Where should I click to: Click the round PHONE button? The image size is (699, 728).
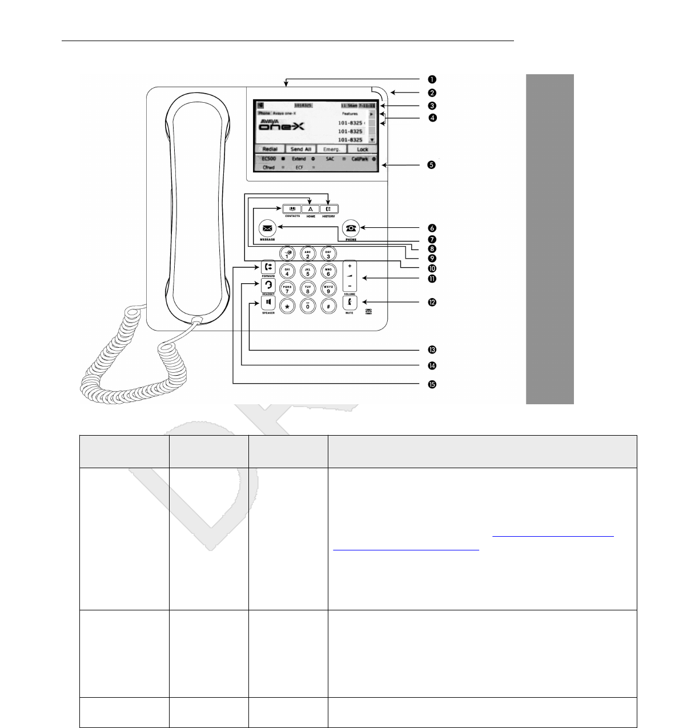[351, 228]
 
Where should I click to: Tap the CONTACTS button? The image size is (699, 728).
[292, 208]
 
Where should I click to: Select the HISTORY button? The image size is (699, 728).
[328, 208]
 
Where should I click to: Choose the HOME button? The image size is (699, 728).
[310, 208]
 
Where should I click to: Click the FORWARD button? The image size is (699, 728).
[268, 267]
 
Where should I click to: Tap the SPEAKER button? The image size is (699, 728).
[268, 302]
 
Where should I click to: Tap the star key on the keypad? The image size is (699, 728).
[287, 306]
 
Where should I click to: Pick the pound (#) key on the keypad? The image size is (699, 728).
[328, 306]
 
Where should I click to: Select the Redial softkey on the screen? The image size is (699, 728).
[270, 149]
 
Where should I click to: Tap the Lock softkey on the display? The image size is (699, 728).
[363, 149]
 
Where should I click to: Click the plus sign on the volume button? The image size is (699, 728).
[349, 266]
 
